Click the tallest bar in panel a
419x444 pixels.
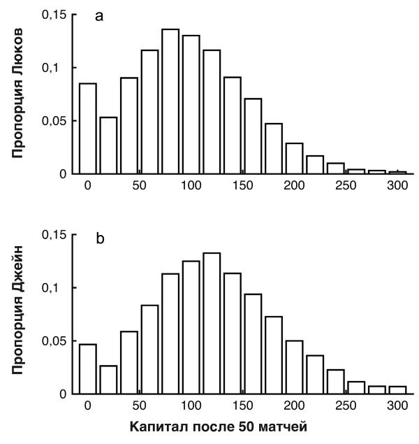(170, 101)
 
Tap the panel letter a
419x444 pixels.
(99, 17)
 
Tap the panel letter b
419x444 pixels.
(99, 240)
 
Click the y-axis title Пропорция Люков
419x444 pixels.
(20, 92)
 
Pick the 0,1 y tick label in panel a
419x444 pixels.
(55, 68)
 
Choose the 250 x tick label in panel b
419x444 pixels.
(346, 406)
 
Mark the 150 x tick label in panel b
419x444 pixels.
(243, 406)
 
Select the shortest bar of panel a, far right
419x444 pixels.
(397, 172)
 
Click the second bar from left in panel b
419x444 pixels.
(108, 380)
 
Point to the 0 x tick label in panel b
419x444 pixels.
(87, 406)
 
